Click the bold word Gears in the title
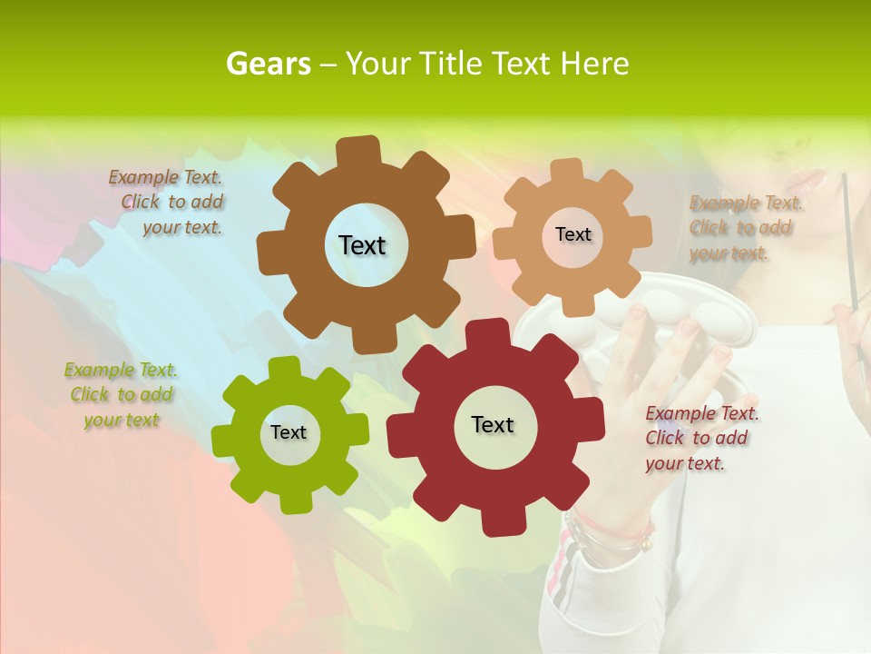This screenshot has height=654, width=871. [x=268, y=64]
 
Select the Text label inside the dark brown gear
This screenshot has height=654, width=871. [x=362, y=245]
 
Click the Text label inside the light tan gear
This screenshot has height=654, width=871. [x=573, y=234]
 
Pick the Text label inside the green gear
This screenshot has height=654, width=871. [x=289, y=432]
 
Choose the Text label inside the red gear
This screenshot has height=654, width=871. [x=493, y=424]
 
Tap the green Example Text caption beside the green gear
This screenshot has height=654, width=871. [x=121, y=395]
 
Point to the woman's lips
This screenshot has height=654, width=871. [x=809, y=179]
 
